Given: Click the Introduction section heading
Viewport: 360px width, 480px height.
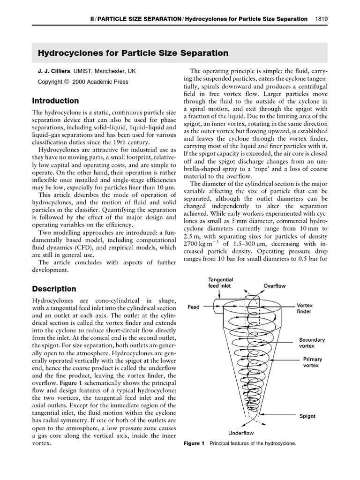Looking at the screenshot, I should point(55,101).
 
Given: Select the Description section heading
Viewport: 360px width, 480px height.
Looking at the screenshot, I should point(53,289).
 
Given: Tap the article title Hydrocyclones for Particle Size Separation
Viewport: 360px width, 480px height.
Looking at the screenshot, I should point(133,53).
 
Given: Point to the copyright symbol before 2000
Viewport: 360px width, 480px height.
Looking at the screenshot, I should point(66,82).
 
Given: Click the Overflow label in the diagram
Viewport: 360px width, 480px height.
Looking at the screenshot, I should point(274,285).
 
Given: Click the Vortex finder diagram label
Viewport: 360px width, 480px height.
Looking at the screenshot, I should point(304,308).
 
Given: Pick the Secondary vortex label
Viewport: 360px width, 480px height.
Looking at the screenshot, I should point(312,342).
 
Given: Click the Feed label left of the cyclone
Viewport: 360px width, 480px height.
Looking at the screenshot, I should point(194,307).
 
